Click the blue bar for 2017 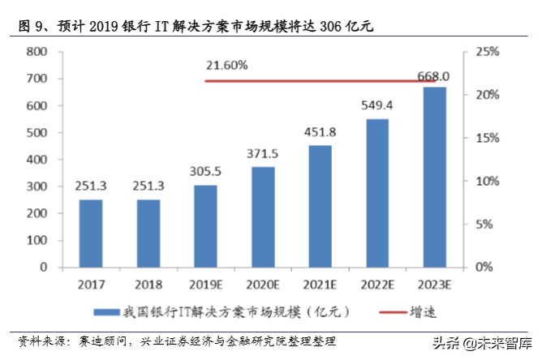tap(91, 234)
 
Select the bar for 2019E tap(205, 226)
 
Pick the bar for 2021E tap(320, 206)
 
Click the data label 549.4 tap(377, 105)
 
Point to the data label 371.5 tap(262, 153)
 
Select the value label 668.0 tap(433, 76)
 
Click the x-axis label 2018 tap(148, 285)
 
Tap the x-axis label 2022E tap(377, 285)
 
